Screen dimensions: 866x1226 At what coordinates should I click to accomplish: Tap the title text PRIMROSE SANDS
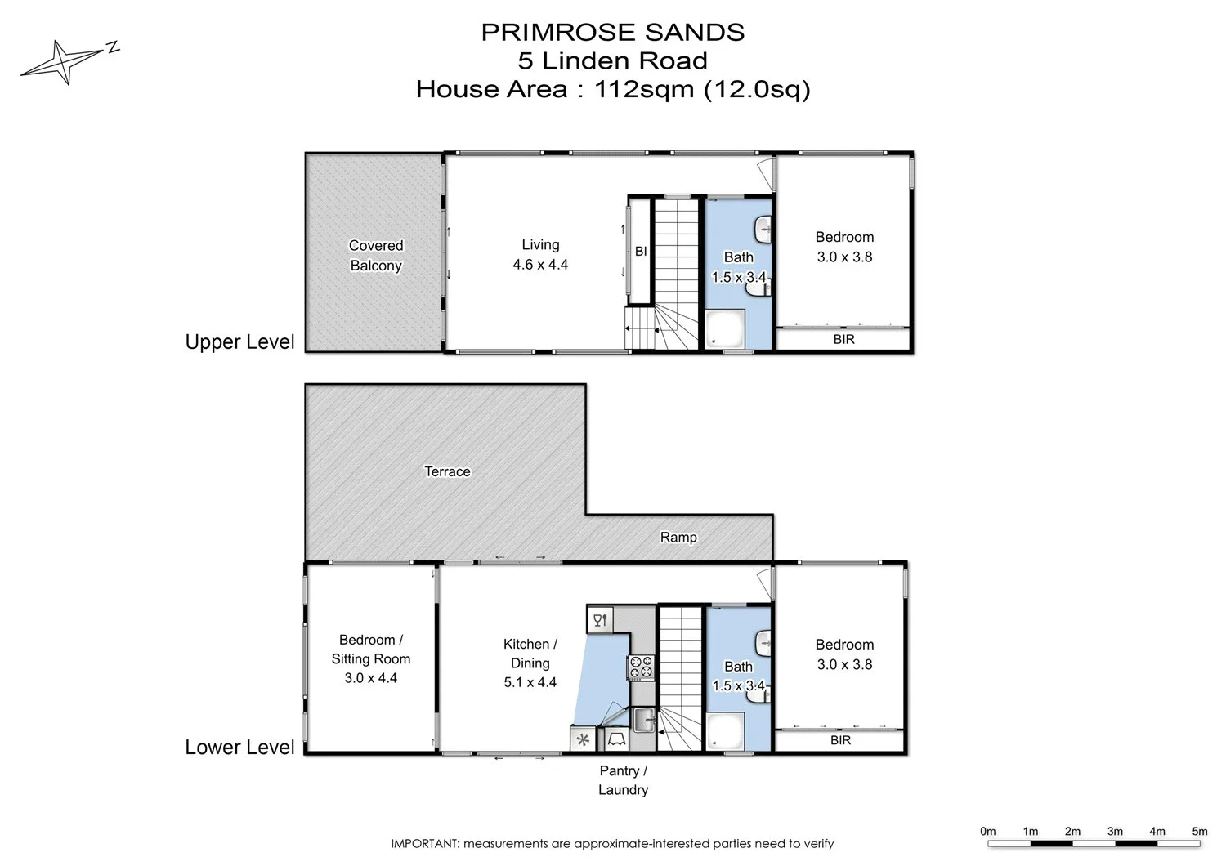pos(612,33)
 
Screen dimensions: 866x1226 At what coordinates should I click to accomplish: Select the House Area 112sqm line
pos(612,88)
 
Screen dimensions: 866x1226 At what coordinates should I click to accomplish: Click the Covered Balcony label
pos(376,256)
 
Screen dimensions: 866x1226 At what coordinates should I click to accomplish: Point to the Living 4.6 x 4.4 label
pos(540,254)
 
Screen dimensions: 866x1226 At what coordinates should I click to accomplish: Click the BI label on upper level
pos(641,252)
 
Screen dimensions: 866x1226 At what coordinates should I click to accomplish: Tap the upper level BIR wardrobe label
pos(843,339)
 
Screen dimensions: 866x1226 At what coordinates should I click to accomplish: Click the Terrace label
pos(447,471)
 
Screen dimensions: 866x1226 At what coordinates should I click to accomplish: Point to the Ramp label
pos(678,537)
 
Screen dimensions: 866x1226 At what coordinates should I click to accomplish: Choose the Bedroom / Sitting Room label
pos(371,658)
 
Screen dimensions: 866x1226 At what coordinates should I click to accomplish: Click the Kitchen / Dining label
pos(530,663)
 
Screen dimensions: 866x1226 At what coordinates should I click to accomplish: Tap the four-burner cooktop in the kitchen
pos(641,667)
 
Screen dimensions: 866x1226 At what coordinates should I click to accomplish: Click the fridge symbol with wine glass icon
pos(600,620)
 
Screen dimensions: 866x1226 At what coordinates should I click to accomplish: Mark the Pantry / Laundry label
pos(623,780)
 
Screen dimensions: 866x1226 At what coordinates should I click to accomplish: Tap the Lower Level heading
pos(239,748)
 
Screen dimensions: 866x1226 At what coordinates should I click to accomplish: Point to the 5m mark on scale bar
pos(1199,832)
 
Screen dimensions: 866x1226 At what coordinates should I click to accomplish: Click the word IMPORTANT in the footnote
pos(425,844)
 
